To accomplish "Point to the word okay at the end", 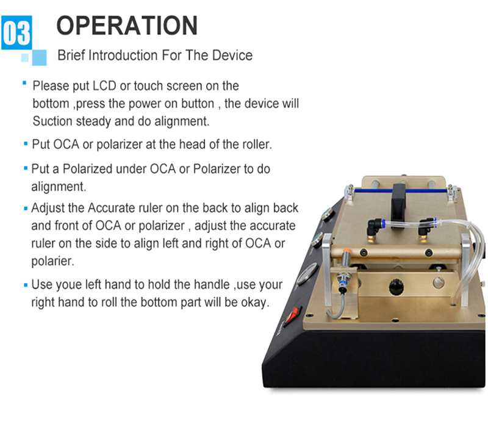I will click(x=251, y=303).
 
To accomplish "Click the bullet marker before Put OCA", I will click(x=26, y=145).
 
